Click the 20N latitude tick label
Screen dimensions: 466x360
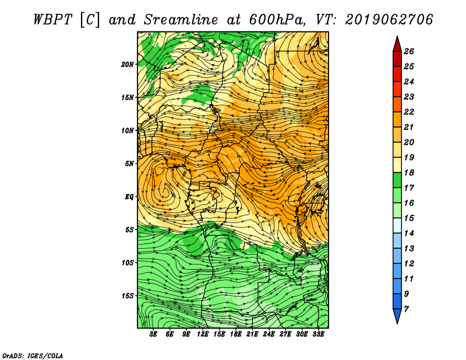click(127, 65)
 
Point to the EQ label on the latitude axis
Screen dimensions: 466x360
click(129, 197)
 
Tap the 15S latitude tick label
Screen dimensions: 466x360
click(127, 296)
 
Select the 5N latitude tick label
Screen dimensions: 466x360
click(129, 164)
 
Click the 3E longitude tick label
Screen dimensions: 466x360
click(153, 334)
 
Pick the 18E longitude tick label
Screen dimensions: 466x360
click(236, 334)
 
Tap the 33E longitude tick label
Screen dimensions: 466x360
click(318, 334)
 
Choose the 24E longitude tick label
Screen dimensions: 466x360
click(269, 334)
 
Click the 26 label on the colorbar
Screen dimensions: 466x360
click(409, 51)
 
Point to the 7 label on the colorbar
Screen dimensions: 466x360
click(406, 309)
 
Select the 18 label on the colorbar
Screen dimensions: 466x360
click(409, 172)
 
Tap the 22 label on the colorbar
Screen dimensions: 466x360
click(409, 112)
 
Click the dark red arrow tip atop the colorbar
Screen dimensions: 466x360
click(397, 36)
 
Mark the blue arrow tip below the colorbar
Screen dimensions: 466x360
click(397, 324)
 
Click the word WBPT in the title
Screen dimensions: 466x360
click(52, 20)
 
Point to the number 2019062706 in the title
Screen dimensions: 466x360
click(389, 20)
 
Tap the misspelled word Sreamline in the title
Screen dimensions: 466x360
click(181, 20)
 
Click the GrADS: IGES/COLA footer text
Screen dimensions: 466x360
click(33, 356)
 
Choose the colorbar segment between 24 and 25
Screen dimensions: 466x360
click(397, 74)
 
